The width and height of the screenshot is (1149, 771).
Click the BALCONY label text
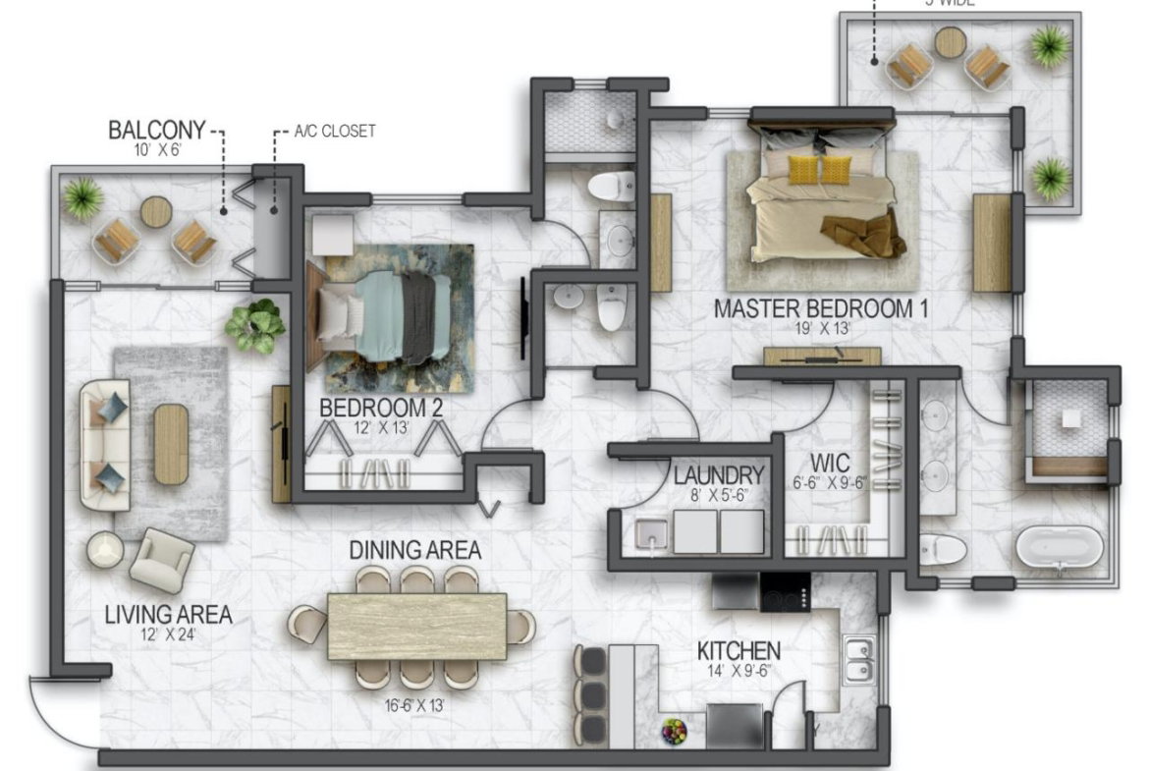pyautogui.click(x=156, y=130)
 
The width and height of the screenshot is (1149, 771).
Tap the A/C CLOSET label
pyautogui.click(x=334, y=131)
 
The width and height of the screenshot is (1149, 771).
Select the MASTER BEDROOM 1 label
pyautogui.click(x=821, y=308)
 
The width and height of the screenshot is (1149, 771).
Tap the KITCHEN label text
pyautogui.click(x=739, y=651)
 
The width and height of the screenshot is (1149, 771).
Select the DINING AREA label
pyautogui.click(x=415, y=550)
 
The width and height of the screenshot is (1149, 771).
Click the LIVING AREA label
pyautogui.click(x=168, y=616)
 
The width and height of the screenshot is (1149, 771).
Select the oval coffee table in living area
pyautogui.click(x=170, y=444)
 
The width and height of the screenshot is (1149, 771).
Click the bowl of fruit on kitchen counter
pyautogui.click(x=674, y=730)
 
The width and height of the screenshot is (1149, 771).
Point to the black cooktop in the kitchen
pyautogui.click(x=786, y=591)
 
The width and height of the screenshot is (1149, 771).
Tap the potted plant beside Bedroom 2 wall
pyautogui.click(x=255, y=325)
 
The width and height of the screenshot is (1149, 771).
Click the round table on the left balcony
pyautogui.click(x=155, y=211)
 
